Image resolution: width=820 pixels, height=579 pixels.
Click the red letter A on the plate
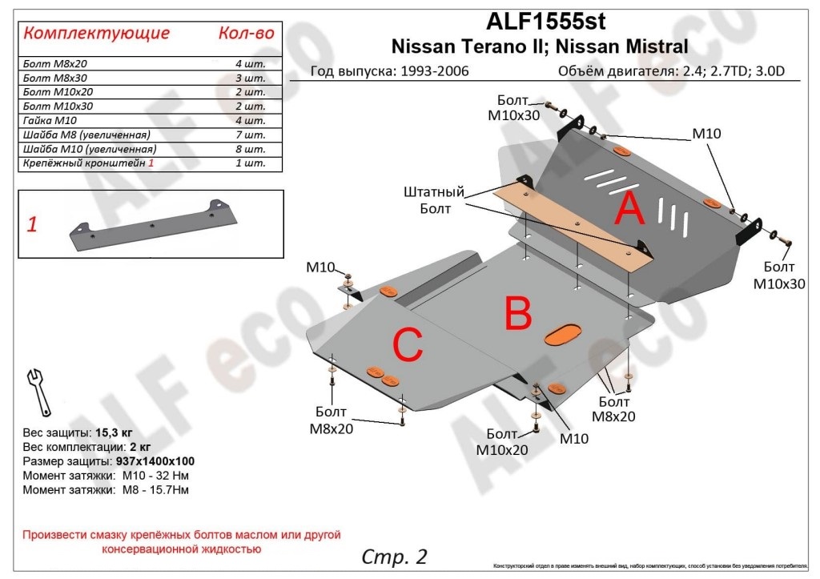tap(629, 211)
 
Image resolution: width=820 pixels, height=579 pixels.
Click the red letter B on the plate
tap(518, 314)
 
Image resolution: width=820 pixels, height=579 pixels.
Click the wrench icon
tap(38, 388)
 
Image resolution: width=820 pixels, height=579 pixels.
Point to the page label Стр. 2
tap(395, 556)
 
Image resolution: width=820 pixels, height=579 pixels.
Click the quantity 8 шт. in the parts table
tap(251, 150)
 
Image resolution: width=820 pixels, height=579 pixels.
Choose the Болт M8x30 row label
tap(54, 78)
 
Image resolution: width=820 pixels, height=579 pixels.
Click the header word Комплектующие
tap(96, 33)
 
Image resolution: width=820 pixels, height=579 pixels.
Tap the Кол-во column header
tap(246, 33)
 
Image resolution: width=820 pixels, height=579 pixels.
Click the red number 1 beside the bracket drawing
tap(32, 225)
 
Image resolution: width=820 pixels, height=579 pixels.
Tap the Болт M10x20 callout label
tap(502, 443)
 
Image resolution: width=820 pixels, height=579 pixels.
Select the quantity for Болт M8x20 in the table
tap(251, 63)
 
